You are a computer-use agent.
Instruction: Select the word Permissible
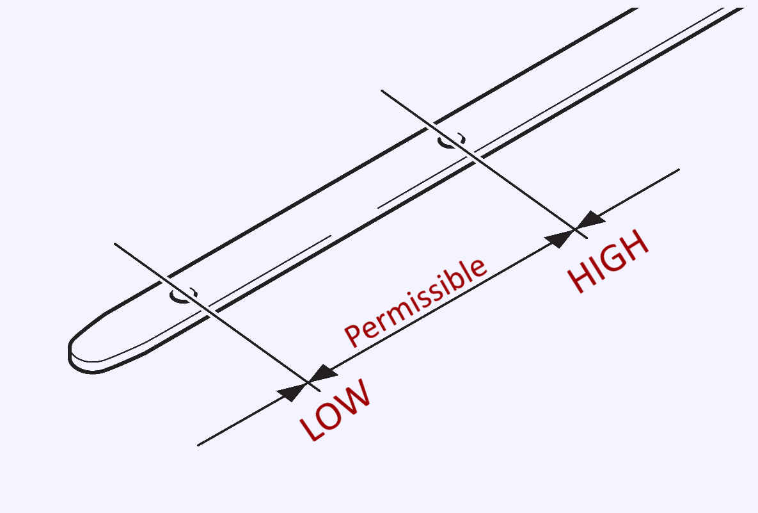coord(416,301)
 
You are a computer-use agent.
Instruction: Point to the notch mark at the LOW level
coord(184,295)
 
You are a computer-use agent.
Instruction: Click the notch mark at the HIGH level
coord(452,140)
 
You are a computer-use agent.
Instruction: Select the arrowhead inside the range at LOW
coord(324,373)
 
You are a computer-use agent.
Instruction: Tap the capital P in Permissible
coord(352,334)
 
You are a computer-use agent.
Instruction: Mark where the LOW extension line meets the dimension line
coord(308,382)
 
